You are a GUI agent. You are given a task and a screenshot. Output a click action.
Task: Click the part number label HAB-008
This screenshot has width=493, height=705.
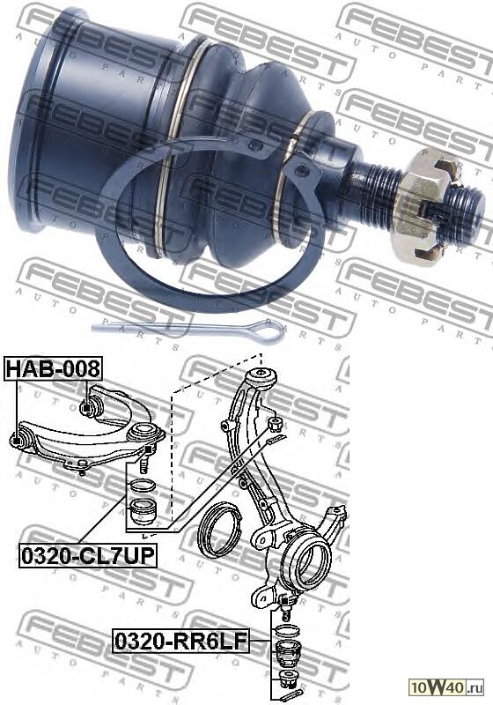[x=53, y=368]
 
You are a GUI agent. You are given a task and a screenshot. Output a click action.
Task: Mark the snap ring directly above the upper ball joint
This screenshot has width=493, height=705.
[x=142, y=484]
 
